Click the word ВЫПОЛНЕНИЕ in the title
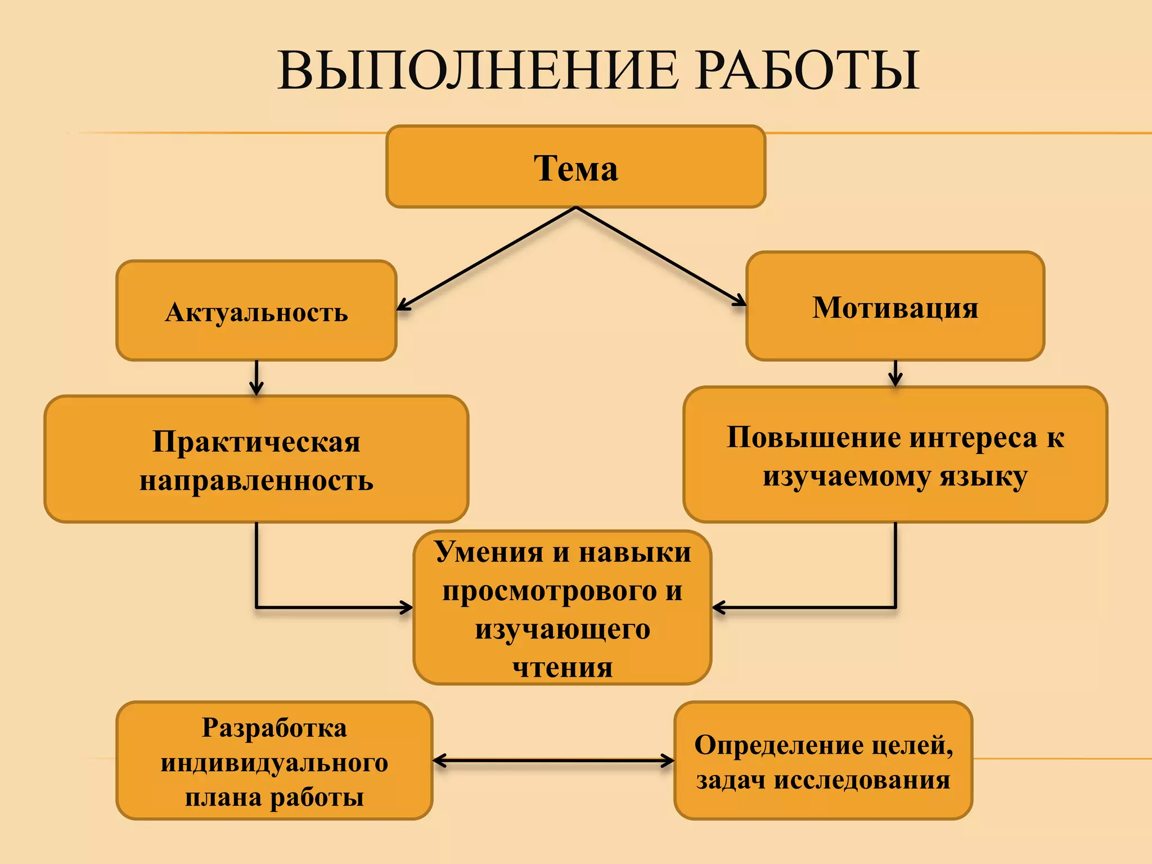click(478, 71)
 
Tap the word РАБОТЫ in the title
click(805, 71)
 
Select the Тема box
click(575, 167)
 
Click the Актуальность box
click(256, 311)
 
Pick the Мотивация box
click(895, 307)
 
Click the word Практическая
click(256, 442)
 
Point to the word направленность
click(256, 481)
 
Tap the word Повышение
click(814, 438)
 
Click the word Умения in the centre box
click(488, 552)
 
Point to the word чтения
click(562, 668)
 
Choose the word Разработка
click(274, 728)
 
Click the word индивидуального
click(274, 763)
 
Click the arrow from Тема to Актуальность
click(487, 258)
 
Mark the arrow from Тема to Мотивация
click(661, 256)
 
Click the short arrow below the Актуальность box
click(256, 378)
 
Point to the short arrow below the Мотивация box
click(895, 373)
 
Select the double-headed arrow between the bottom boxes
click(553, 760)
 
